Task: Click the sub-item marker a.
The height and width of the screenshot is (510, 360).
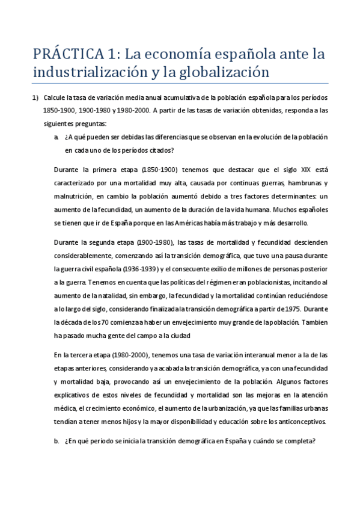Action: click(x=56, y=137)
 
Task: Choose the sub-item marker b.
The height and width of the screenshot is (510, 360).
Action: click(x=56, y=440)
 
